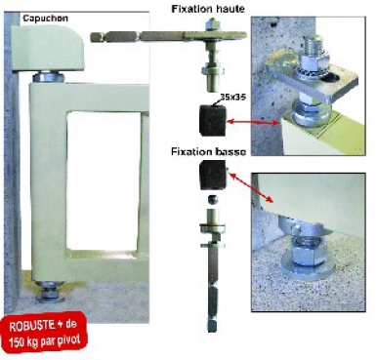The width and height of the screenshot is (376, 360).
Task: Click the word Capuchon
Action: (x=45, y=19)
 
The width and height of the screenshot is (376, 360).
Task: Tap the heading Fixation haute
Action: (x=208, y=9)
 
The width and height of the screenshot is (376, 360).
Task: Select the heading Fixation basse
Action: (x=208, y=152)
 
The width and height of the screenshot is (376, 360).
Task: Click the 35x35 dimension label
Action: (x=232, y=97)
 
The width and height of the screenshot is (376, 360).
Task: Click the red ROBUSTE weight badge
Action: (x=45, y=333)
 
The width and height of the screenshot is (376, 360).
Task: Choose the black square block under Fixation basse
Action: (x=213, y=176)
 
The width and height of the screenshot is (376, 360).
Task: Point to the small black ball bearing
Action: (x=212, y=199)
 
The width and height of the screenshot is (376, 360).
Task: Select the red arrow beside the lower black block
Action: (x=251, y=188)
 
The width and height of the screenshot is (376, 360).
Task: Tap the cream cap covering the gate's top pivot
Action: (x=48, y=49)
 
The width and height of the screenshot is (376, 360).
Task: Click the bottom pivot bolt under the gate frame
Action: (x=50, y=291)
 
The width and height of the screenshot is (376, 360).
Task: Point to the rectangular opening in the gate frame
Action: (x=104, y=180)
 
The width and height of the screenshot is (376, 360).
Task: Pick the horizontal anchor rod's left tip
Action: (x=91, y=37)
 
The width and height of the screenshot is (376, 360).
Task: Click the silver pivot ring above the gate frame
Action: (x=48, y=77)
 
